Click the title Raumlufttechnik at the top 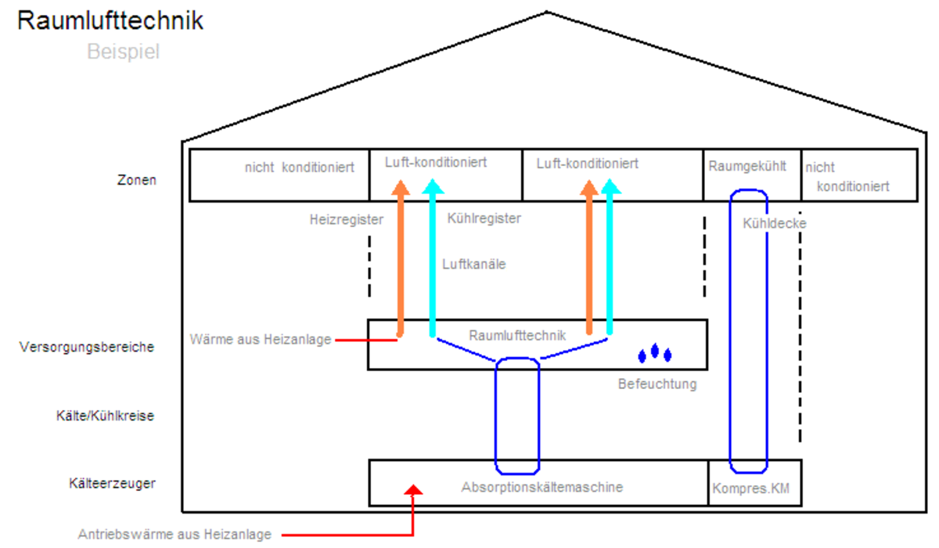pyautogui.click(x=110, y=21)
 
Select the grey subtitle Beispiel pyautogui.click(x=124, y=52)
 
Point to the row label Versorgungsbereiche pyautogui.click(x=87, y=347)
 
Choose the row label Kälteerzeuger pyautogui.click(x=113, y=483)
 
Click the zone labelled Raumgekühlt pyautogui.click(x=747, y=167)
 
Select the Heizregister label pyautogui.click(x=347, y=220)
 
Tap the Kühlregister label pyautogui.click(x=484, y=218)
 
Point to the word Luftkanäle pyautogui.click(x=473, y=265)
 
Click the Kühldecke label pyautogui.click(x=775, y=223)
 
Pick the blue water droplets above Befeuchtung pyautogui.click(x=655, y=354)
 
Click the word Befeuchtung pyautogui.click(x=657, y=384)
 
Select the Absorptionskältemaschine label pyautogui.click(x=542, y=487)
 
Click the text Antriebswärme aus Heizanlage pyautogui.click(x=174, y=535)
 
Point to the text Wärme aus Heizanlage pyautogui.click(x=261, y=340)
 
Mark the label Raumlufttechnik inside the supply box pyautogui.click(x=517, y=335)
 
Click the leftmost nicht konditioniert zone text pyautogui.click(x=299, y=168)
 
